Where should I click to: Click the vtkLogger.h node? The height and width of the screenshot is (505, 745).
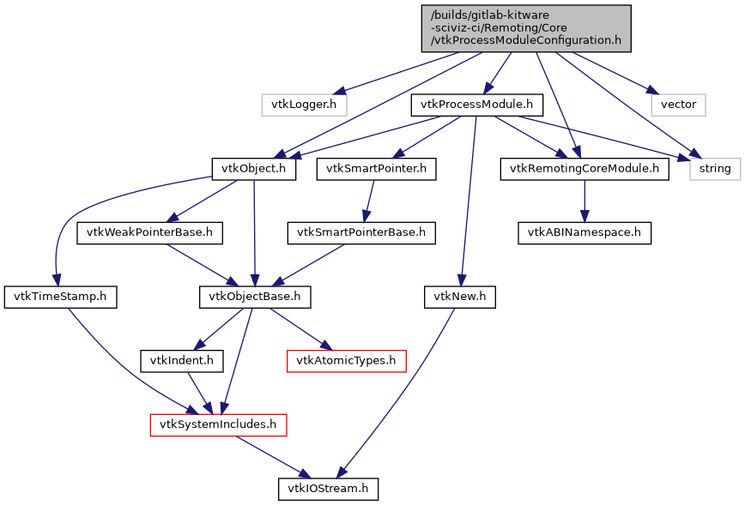pyautogui.click(x=304, y=105)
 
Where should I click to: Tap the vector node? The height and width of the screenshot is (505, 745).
pyautogui.click(x=678, y=105)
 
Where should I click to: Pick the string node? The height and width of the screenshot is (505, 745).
pyautogui.click(x=714, y=169)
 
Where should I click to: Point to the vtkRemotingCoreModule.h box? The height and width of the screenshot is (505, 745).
pyautogui.click(x=584, y=169)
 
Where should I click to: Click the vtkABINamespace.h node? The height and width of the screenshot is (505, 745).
pyautogui.click(x=584, y=232)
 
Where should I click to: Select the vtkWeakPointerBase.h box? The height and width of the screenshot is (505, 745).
pyautogui.click(x=150, y=232)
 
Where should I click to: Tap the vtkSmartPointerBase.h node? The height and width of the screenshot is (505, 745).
pyautogui.click(x=361, y=232)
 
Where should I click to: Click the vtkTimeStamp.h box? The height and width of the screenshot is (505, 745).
pyautogui.click(x=60, y=297)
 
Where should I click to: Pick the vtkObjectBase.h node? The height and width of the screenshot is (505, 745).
pyautogui.click(x=254, y=297)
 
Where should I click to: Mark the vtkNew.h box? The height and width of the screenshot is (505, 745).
pyautogui.click(x=460, y=297)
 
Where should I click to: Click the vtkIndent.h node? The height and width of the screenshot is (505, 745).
pyautogui.click(x=182, y=360)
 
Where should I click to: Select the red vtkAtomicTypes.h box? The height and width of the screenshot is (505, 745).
pyautogui.click(x=346, y=360)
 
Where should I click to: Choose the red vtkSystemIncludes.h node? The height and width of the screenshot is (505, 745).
pyautogui.click(x=218, y=424)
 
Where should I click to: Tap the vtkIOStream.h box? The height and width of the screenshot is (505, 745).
pyautogui.click(x=328, y=489)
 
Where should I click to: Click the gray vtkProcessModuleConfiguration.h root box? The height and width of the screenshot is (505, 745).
pyautogui.click(x=526, y=28)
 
